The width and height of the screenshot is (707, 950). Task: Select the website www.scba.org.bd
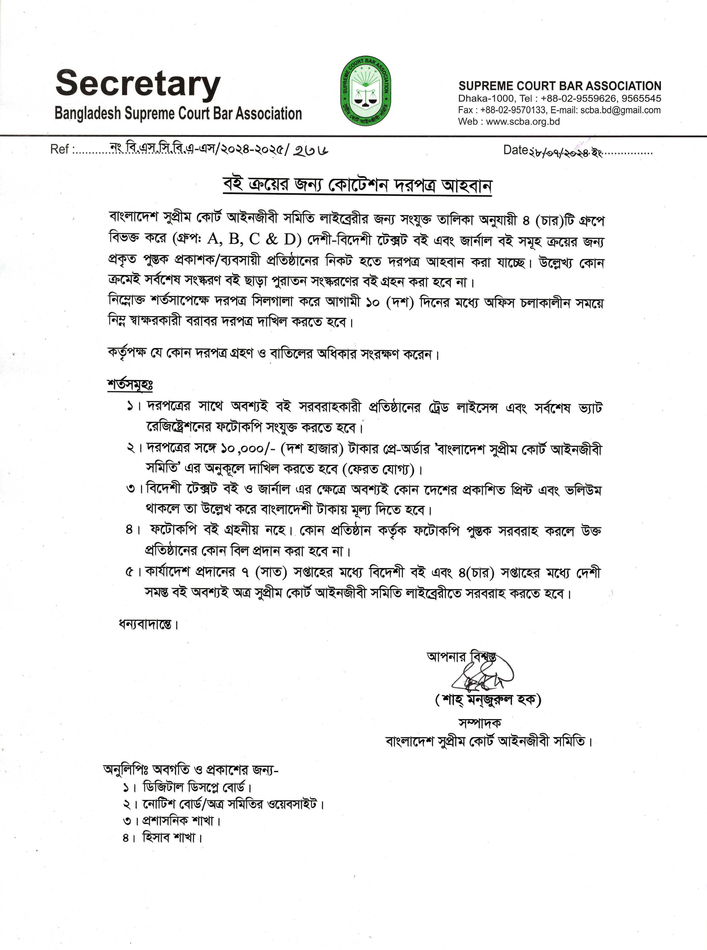click(x=523, y=122)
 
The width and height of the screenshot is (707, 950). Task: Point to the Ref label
click(x=59, y=150)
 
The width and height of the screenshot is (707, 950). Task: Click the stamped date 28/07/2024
click(x=565, y=152)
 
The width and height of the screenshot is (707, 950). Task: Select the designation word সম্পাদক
click(x=480, y=723)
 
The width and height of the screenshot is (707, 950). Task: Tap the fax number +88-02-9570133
click(x=513, y=110)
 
